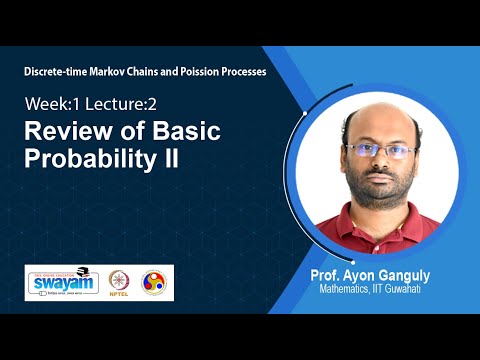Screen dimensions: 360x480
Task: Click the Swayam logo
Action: click(61, 282)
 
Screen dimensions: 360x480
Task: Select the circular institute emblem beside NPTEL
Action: click(155, 282)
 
